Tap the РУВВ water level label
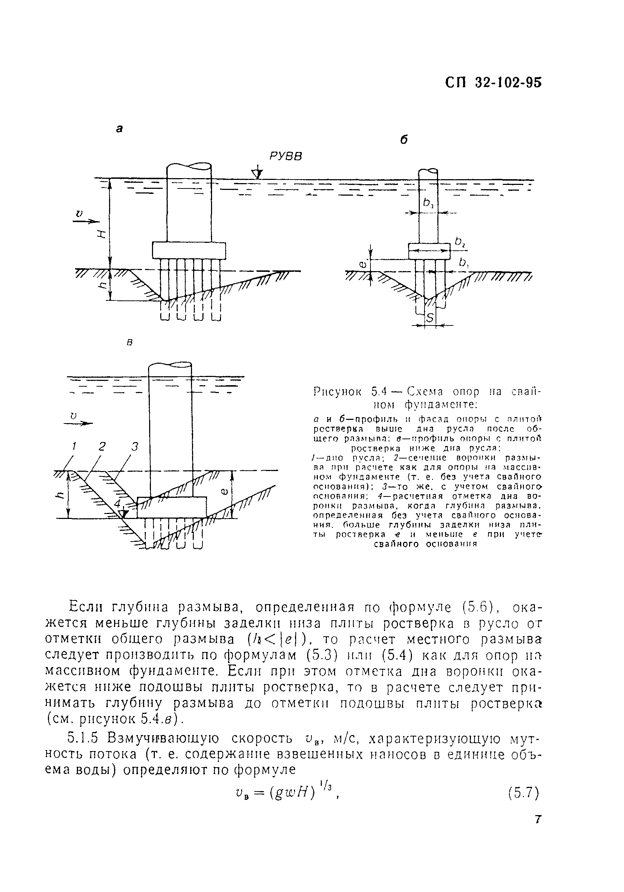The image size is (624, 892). [x=286, y=156]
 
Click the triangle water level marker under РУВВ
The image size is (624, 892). [x=257, y=174]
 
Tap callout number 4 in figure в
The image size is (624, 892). [x=118, y=504]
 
